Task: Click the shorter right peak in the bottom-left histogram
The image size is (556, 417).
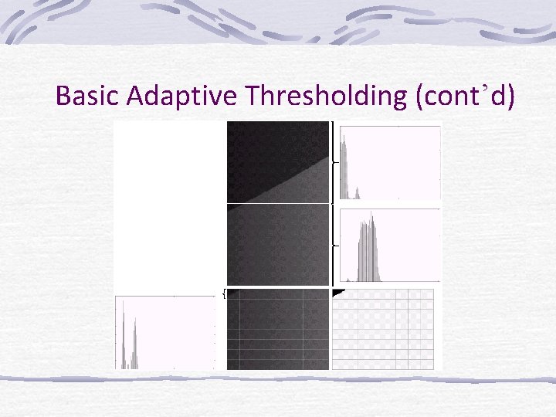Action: tap(135, 340)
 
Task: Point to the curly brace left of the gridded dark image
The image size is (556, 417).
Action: tap(224, 294)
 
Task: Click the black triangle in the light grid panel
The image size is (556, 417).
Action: tap(337, 293)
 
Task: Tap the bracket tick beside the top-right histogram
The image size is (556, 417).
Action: tap(334, 163)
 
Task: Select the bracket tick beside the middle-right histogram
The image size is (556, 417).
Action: tap(334, 245)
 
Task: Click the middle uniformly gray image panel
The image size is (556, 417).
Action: tap(278, 246)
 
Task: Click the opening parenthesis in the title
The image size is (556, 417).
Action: tap(420, 96)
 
